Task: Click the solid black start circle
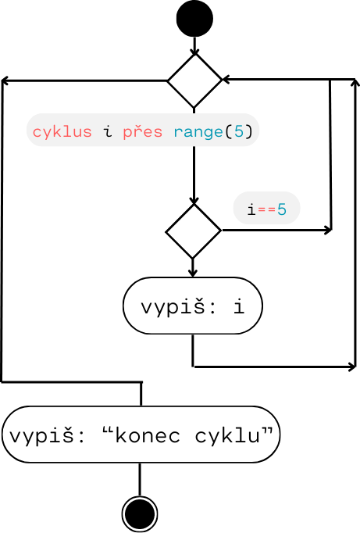194,19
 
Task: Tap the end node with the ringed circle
141,513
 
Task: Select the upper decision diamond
194,80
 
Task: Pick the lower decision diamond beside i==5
194,231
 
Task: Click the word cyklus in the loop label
62,131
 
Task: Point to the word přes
143,131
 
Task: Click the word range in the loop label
198,131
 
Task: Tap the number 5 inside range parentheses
238,131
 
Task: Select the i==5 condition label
266,209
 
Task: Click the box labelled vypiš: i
192,306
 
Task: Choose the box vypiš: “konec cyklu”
141,434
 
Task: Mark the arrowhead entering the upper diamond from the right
226,80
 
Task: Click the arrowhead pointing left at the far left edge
5,80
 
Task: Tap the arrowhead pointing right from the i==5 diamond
327,231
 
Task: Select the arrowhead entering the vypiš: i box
193,273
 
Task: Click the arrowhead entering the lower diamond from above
194,201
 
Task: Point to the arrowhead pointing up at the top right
355,82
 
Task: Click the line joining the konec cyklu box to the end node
141,478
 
